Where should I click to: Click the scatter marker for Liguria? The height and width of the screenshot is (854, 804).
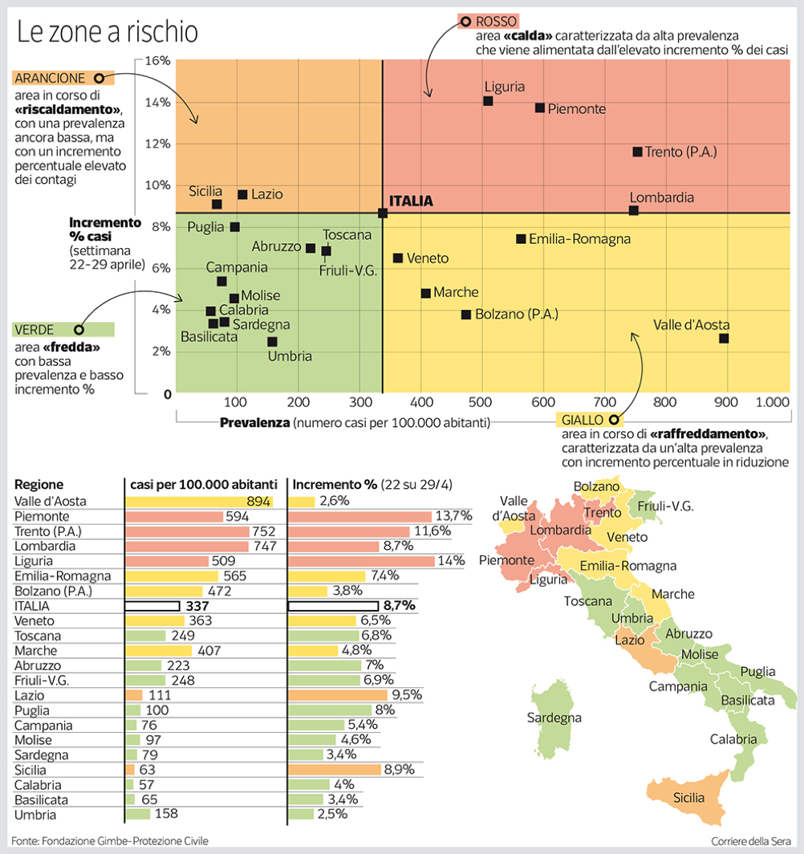pos(488,101)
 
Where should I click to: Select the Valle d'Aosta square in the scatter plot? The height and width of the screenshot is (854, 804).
pos(724,339)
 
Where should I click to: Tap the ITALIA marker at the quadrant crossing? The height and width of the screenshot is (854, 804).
pos(383,213)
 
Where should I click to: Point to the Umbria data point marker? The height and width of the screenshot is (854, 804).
pos(272,342)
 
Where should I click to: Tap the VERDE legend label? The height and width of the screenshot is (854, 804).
pos(35,330)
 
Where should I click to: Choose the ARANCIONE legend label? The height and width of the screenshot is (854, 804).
pos(50,78)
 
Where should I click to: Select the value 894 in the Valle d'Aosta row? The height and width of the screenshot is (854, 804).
pos(258,502)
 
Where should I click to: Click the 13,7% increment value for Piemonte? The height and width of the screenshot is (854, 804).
pos(452,516)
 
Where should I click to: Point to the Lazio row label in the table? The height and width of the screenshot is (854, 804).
pos(30,695)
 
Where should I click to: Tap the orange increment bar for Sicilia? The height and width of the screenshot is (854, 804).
pos(335,770)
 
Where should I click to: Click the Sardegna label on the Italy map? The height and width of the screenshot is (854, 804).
pos(554,718)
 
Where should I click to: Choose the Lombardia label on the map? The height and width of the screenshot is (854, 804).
pos(562,531)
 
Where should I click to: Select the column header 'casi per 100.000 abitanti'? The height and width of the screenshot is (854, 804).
pos(204,485)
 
